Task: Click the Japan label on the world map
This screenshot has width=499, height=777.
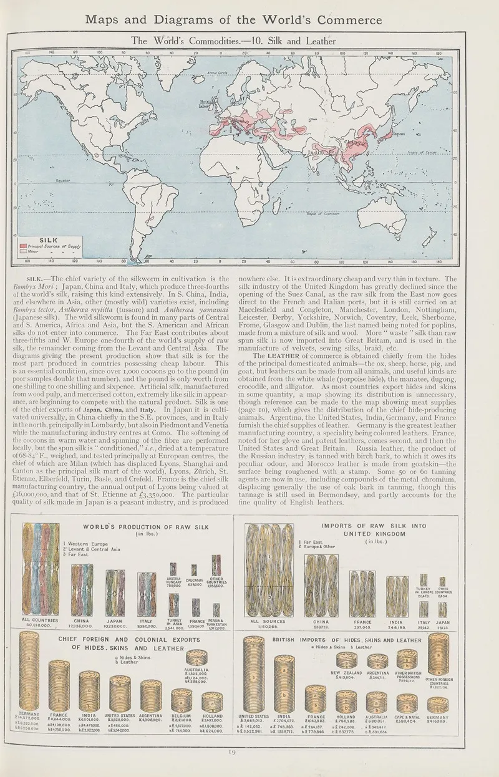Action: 397,133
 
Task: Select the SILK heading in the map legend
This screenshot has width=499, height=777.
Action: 49,239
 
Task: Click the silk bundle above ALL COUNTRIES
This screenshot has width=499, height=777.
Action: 40,569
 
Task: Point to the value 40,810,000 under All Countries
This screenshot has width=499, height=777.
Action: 40,626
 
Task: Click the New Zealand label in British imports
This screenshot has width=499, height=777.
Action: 346,673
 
